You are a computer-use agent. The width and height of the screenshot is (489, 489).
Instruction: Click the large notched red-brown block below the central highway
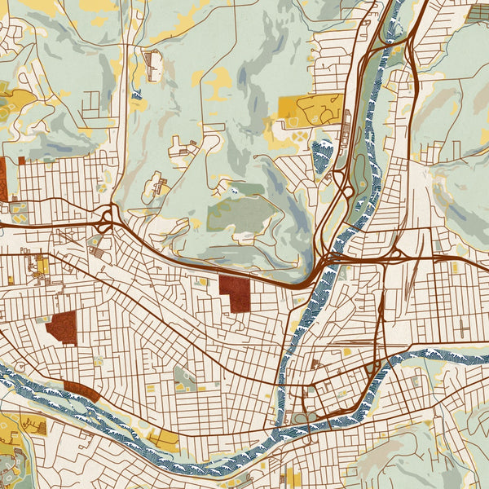click(x=236, y=293)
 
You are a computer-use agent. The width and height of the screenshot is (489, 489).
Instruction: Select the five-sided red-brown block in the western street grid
click(x=62, y=327)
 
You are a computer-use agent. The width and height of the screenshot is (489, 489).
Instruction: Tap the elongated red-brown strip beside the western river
click(x=81, y=390)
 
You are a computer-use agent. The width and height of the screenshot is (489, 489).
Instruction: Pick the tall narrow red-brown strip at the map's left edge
click(x=2, y=178)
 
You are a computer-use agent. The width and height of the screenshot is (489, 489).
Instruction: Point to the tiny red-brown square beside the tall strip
click(x=21, y=161)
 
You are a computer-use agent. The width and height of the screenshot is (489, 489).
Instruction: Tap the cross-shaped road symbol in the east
click(x=463, y=328)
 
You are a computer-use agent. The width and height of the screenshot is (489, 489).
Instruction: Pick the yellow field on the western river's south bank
click(x=164, y=438)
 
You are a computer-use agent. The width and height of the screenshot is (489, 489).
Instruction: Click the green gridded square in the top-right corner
click(x=479, y=14)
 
